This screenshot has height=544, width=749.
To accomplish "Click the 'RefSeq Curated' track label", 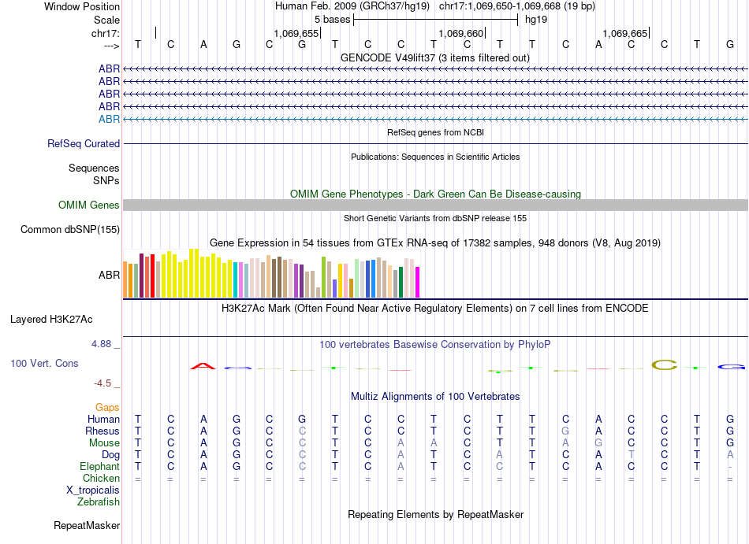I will pos(84,144).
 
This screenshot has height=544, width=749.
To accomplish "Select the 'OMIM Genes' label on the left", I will pos(89,205).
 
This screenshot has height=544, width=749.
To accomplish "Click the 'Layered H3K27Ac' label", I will pos(51,320).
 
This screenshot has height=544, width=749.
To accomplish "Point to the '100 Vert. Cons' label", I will pos(44,364).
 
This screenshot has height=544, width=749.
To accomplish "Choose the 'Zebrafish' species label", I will pos(99,501).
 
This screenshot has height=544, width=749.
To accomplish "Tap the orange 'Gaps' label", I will pos(107,407).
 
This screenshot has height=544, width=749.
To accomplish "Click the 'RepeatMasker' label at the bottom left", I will pos(87,525).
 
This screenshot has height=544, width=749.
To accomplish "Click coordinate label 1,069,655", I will pos(296,34).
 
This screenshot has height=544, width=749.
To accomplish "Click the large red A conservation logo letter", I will pos(203,365).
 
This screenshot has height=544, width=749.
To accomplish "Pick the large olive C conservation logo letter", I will pos(665,365).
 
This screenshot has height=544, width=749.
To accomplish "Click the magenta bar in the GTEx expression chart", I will pos(417,282).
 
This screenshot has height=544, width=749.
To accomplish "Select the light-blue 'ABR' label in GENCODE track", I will pos(109,119).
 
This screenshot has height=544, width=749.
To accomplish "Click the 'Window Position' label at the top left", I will pos(82,6).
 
